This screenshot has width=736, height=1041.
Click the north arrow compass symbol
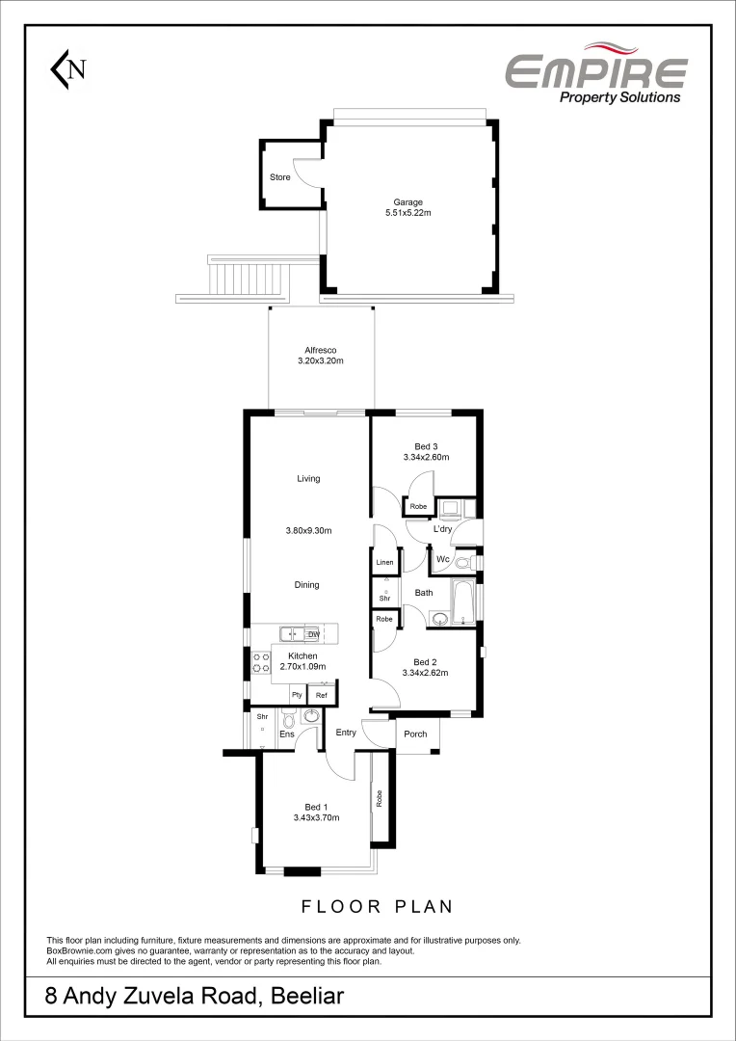click(68, 68)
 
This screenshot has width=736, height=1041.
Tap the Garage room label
click(407, 202)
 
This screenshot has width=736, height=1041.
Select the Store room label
click(279, 177)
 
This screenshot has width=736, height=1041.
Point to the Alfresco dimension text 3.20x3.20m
click(321, 360)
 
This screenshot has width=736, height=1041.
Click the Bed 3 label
click(426, 446)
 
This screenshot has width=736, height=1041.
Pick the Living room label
click(308, 479)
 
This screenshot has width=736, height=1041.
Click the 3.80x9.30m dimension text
click(308, 530)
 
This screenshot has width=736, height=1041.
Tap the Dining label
click(306, 585)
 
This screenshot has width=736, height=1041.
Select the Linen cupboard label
click(384, 562)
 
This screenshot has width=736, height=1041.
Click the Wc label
click(442, 560)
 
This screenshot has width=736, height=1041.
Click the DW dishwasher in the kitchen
click(313, 634)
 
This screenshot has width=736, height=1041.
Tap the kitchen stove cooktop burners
click(261, 662)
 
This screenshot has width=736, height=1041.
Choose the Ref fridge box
click(322, 695)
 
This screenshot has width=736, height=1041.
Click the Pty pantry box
click(297, 695)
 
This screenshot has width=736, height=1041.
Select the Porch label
click(415, 734)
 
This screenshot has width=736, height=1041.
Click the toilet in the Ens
click(288, 718)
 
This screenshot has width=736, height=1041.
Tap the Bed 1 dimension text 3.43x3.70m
click(316, 817)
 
